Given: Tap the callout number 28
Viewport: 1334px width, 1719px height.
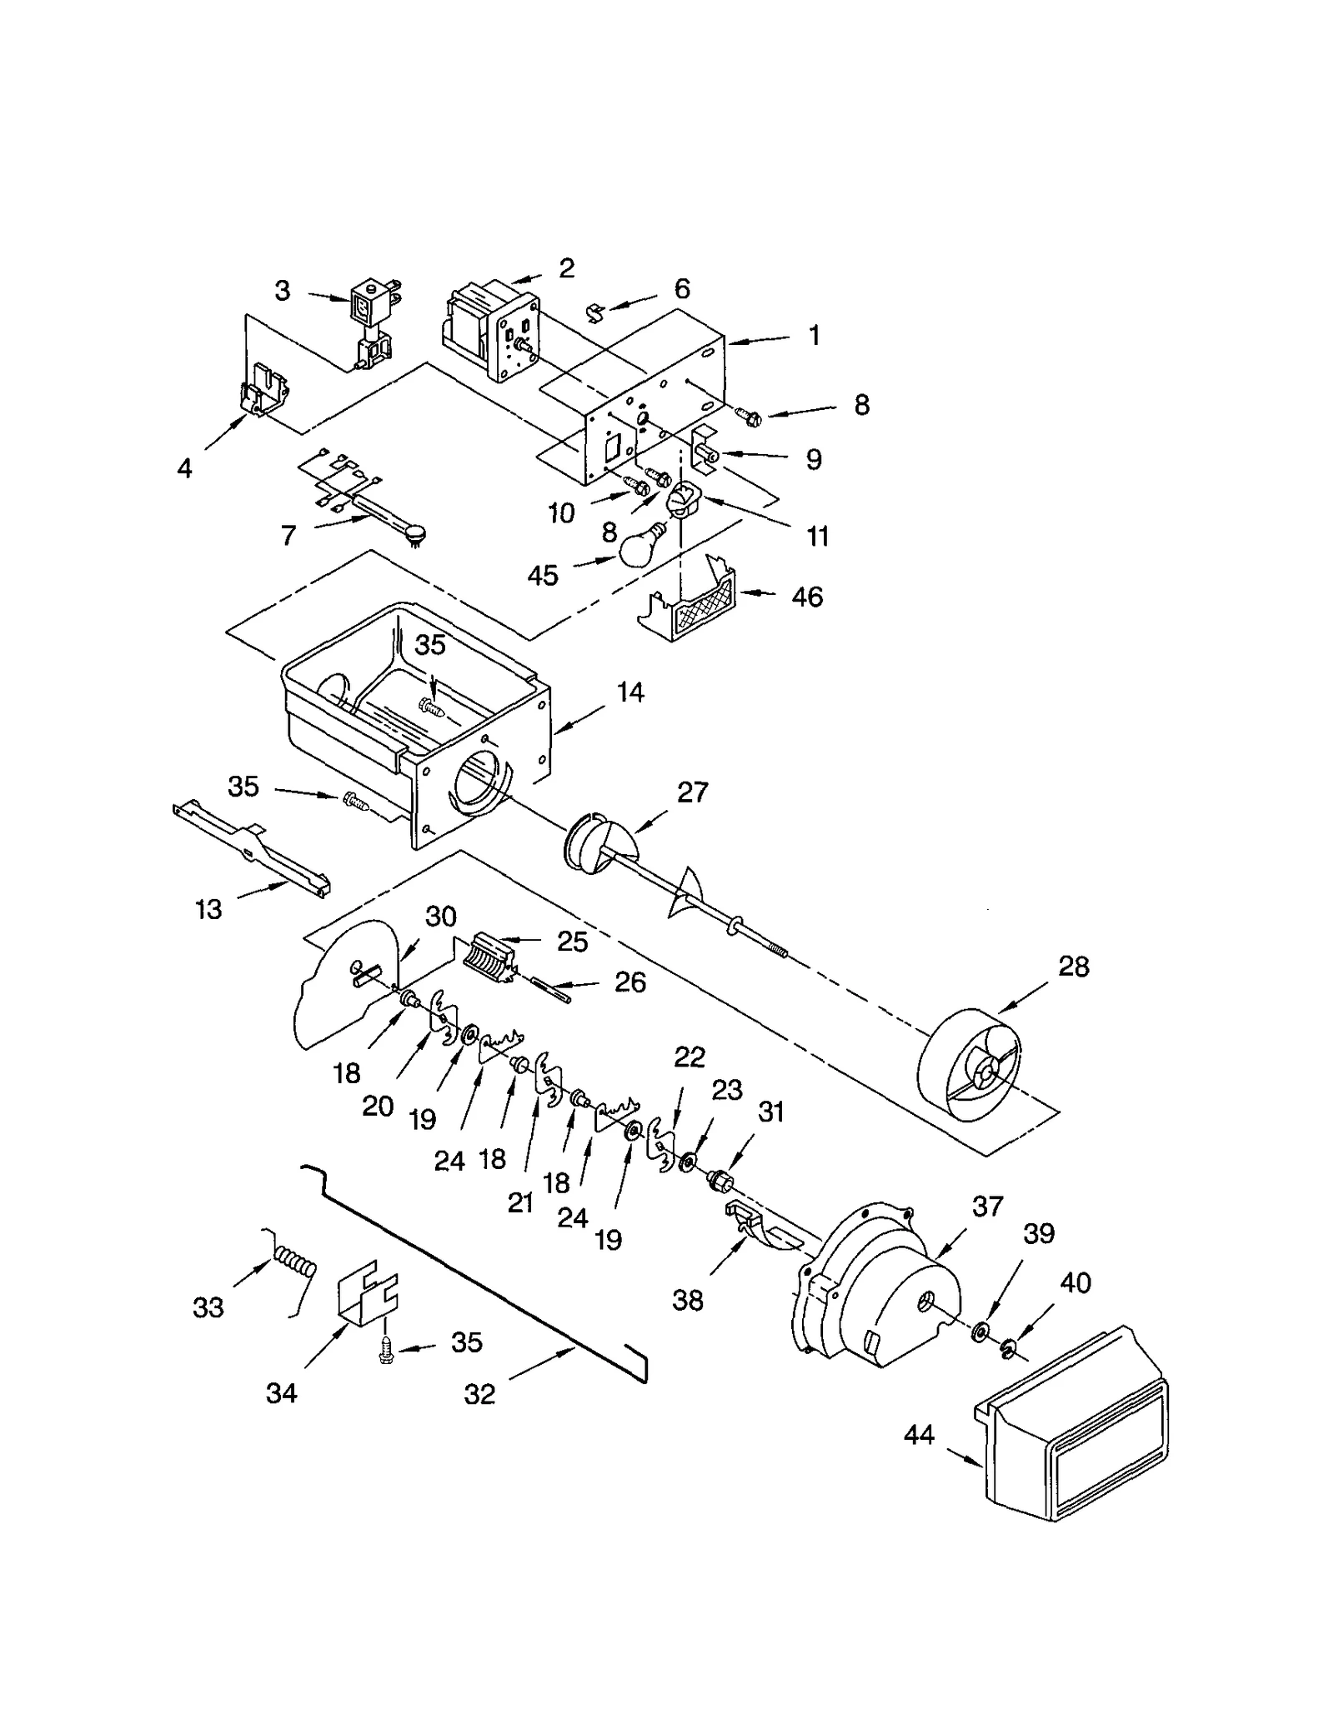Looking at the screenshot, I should click(1073, 967).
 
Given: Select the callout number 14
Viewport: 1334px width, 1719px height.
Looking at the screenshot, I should click(630, 692).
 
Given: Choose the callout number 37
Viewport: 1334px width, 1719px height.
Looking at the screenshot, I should click(988, 1206).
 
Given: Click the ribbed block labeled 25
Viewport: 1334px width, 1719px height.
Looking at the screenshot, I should click(490, 958).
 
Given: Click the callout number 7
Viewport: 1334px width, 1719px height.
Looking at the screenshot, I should click(288, 535).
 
